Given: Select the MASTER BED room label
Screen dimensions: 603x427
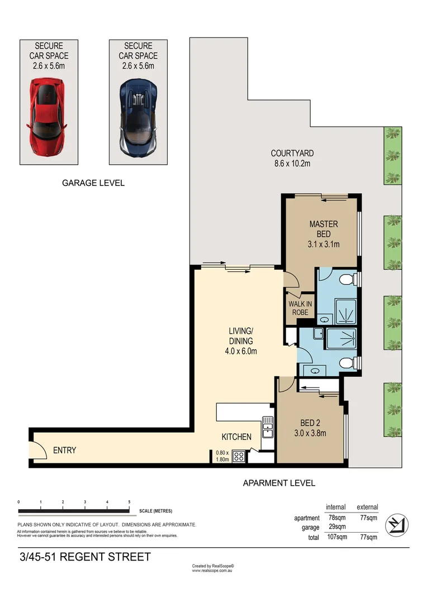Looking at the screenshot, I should (x=324, y=229).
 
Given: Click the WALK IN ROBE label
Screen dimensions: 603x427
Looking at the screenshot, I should (x=300, y=308).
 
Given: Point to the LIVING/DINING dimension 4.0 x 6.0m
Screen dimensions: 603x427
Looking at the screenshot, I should (x=240, y=351).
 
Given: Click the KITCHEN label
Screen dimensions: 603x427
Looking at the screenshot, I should (x=236, y=437).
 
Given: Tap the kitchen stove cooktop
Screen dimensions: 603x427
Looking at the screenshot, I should (x=239, y=456).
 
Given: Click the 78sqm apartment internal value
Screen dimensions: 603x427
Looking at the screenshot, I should (x=335, y=518).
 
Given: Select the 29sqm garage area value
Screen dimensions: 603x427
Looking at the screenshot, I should (x=335, y=527).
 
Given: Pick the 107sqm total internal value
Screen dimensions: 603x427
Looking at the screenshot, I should (x=334, y=537).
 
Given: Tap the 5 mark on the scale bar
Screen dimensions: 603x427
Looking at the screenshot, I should (x=129, y=502).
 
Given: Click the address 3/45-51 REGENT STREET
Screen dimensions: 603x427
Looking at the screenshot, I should (x=85, y=557).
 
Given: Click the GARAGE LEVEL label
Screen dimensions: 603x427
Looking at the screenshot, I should (x=93, y=183).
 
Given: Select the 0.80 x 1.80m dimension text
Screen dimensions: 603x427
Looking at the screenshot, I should (x=222, y=456).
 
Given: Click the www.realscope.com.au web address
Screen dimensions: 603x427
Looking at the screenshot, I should (x=213, y=571).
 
